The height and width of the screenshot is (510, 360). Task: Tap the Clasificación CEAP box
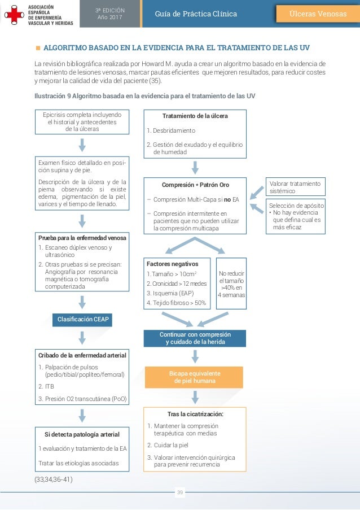(x=82, y=320)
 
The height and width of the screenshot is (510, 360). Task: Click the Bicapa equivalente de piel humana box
(x=195, y=377)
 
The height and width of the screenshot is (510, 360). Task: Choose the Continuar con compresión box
(x=195, y=338)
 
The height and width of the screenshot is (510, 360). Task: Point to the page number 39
(x=180, y=492)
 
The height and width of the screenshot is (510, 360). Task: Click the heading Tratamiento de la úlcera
(x=195, y=116)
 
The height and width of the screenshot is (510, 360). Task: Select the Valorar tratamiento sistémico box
(x=295, y=187)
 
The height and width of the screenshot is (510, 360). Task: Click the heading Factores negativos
(x=173, y=264)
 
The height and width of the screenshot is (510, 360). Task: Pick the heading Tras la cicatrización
(x=195, y=414)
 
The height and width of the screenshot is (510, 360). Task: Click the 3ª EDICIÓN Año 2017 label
(x=109, y=14)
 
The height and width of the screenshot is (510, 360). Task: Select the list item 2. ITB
(x=46, y=387)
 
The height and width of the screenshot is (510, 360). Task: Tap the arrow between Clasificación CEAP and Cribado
(x=82, y=338)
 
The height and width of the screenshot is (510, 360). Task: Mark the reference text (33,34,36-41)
(x=54, y=480)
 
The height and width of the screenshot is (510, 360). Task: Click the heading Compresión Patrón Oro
(x=195, y=185)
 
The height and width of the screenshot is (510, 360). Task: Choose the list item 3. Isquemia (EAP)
(x=170, y=293)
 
